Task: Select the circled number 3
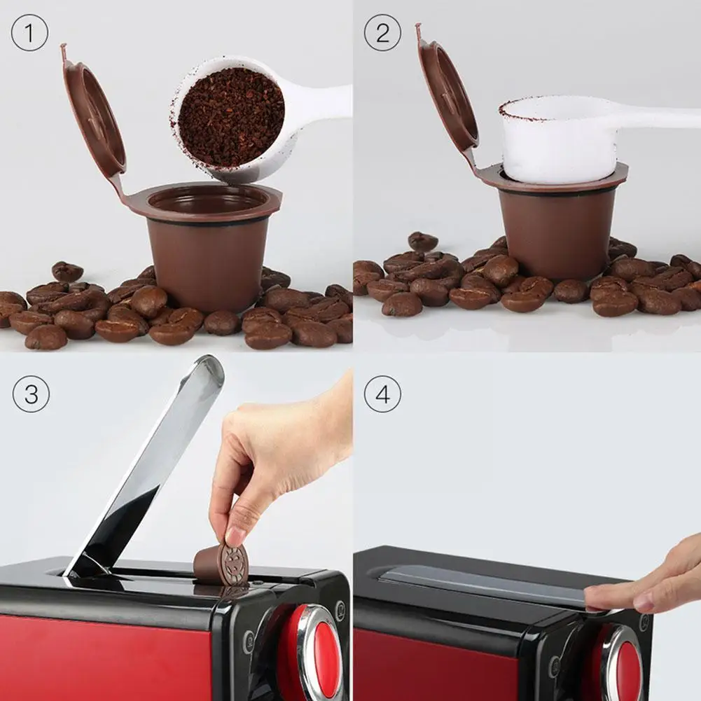(x=31, y=394)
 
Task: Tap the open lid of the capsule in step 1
(x=95, y=116)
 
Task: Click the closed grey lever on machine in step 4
(x=483, y=583)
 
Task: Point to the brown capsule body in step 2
(x=557, y=235)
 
